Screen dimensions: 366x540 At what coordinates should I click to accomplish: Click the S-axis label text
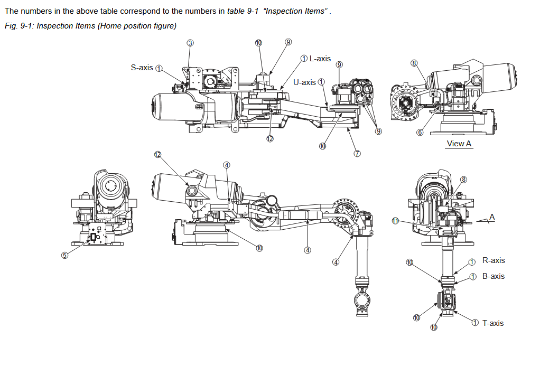coord(142,68)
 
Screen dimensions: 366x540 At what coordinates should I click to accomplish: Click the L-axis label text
coord(320,59)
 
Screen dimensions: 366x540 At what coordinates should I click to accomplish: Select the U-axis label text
coord(304,82)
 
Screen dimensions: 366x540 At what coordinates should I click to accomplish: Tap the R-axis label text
coord(494,260)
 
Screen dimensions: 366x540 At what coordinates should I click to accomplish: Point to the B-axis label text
coord(494,276)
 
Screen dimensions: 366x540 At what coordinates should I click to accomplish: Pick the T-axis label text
coord(493,323)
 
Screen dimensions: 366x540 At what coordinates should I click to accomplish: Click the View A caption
coord(459,144)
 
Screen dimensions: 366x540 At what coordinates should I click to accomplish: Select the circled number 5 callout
coord(64,255)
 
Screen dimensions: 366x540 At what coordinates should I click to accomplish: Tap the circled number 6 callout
coord(420,133)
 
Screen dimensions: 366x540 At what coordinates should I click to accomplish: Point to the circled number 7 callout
coord(357,154)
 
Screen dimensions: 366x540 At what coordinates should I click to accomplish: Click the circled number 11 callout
coord(395,221)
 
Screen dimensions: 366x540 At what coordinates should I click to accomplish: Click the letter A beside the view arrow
coord(492,217)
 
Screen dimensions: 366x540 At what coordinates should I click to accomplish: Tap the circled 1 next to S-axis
coord(159,68)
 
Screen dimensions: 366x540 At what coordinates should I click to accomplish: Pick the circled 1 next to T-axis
coord(475,323)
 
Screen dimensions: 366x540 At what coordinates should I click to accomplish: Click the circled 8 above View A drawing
coord(414,63)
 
